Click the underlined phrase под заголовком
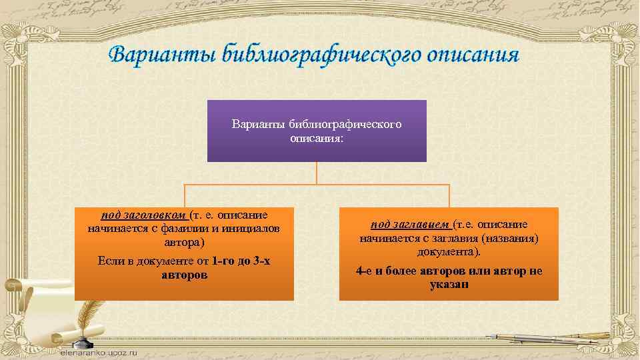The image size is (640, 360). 143,215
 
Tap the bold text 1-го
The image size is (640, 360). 223,261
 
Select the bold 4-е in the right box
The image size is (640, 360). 365,271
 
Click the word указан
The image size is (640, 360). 449,284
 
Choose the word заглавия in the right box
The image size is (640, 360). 459,238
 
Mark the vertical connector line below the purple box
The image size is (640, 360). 317,173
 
